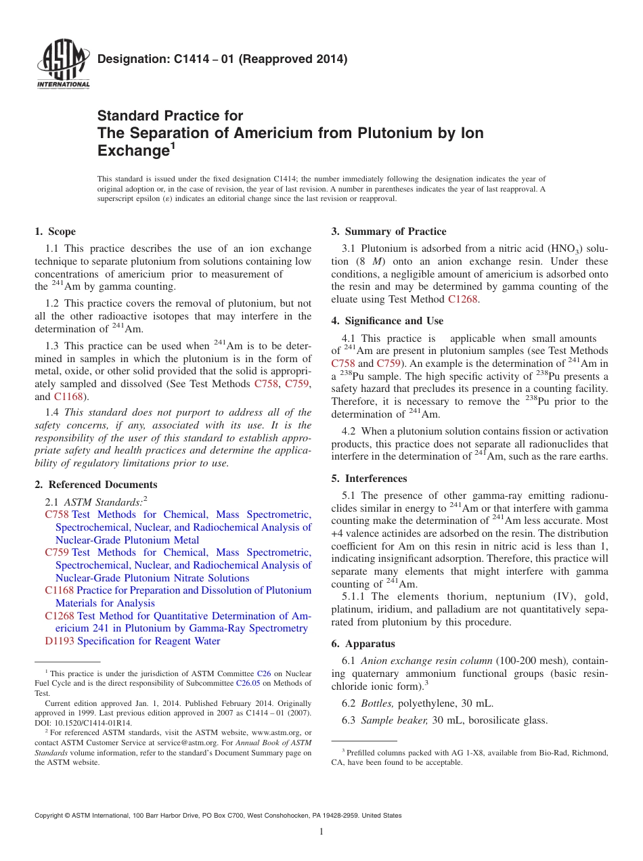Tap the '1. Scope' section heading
coord(56,231)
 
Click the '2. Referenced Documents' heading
coord(96,485)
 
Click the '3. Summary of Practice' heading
coord(389,231)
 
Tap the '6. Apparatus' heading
coord(363,644)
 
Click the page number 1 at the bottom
coord(321,832)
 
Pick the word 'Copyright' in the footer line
coord(50,816)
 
